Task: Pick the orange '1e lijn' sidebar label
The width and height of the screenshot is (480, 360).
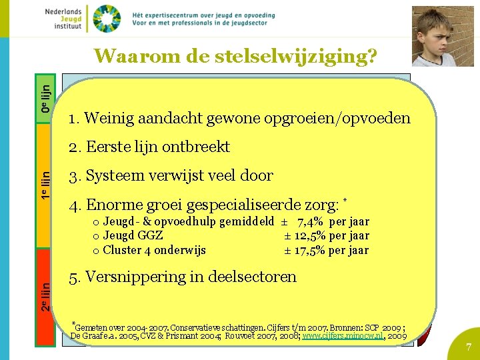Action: click(45, 186)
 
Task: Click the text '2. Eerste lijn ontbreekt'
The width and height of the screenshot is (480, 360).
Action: click(149, 147)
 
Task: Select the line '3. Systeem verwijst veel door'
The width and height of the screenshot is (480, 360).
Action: click(171, 176)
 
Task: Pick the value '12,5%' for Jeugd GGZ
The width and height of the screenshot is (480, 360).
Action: click(310, 236)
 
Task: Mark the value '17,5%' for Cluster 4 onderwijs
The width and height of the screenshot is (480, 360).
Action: click(310, 251)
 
